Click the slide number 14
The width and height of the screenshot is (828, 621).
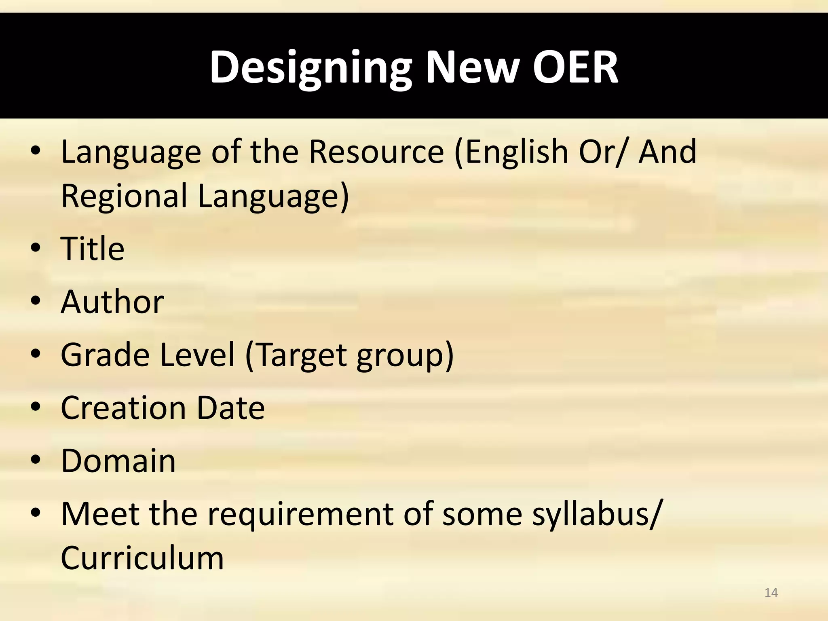pos(771,593)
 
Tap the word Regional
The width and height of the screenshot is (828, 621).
pos(124,196)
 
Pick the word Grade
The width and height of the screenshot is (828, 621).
pos(105,355)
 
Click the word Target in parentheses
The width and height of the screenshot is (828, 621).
pos(301,355)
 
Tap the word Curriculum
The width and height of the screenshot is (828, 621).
pos(142,558)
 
